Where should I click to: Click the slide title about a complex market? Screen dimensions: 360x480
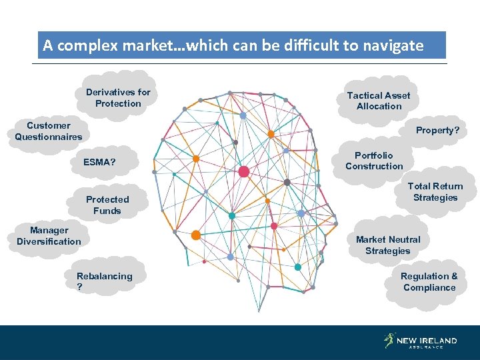point(233,45)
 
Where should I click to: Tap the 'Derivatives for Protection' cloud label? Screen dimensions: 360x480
point(118,98)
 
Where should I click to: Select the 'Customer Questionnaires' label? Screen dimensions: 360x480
point(49,131)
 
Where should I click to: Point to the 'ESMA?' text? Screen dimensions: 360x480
point(99,162)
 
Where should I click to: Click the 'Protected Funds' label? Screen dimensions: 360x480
point(107,205)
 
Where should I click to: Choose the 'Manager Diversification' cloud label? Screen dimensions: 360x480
point(49,236)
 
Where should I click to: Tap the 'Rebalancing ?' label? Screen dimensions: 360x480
point(104,281)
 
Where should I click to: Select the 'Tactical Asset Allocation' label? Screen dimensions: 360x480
point(379,101)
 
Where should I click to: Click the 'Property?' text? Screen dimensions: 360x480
point(437,130)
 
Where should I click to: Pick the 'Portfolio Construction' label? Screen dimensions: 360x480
point(374,161)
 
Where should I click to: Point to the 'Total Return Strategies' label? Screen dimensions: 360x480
point(435,192)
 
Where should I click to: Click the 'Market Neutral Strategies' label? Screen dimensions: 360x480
point(388,245)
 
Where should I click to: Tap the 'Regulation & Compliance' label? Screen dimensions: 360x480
point(429,281)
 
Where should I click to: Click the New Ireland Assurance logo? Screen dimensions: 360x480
point(421,341)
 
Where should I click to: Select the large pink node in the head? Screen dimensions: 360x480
point(243,172)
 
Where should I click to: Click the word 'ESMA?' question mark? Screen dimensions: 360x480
point(113,162)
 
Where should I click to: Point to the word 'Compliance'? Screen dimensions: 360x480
point(429,287)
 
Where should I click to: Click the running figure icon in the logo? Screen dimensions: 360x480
point(389,341)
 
